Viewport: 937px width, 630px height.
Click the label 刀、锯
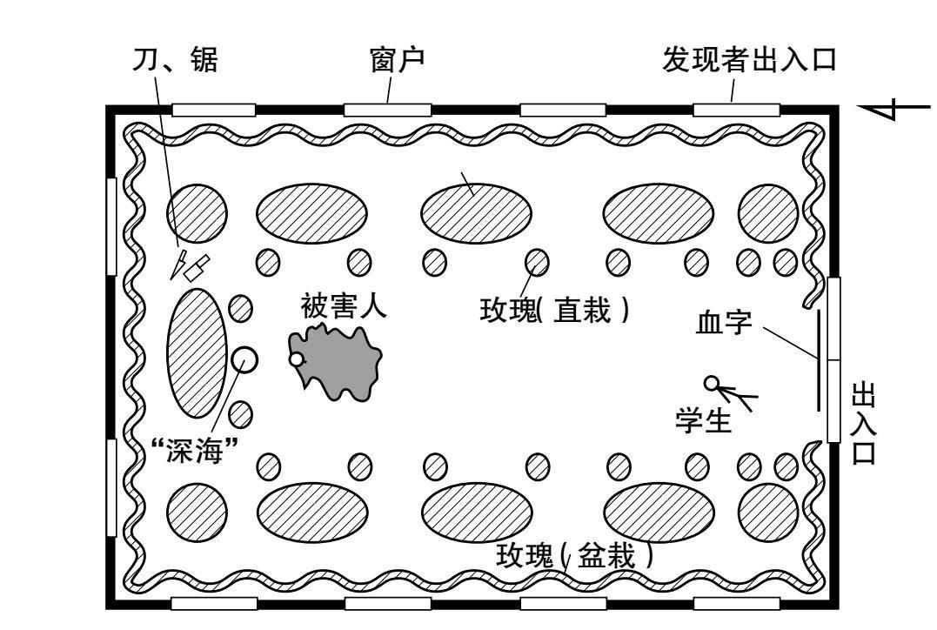coord(175,60)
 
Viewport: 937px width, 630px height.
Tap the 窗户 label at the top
coord(398,60)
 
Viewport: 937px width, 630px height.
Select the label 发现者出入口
coord(749,60)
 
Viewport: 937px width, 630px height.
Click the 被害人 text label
coord(344,305)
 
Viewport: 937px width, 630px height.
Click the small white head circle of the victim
coord(297,359)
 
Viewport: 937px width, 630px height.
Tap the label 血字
coord(724,323)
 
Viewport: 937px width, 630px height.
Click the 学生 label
coord(703,419)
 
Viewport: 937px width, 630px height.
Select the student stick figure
coord(730,392)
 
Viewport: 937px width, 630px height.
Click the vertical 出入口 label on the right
coord(864,424)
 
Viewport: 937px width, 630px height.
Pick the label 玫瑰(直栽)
coord(554,311)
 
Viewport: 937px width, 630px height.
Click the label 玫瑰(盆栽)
coord(574,556)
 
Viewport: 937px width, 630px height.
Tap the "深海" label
coord(195,450)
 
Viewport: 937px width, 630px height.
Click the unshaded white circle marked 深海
coord(244,360)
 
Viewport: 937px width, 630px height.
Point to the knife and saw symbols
coord(190,266)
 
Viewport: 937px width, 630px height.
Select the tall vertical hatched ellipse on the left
coord(197,353)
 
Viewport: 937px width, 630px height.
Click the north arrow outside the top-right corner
coord(894,108)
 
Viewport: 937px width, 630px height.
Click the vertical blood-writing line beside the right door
coord(819,360)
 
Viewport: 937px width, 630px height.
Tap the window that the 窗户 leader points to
coord(387,110)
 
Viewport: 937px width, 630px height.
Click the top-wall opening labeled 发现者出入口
coord(736,110)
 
